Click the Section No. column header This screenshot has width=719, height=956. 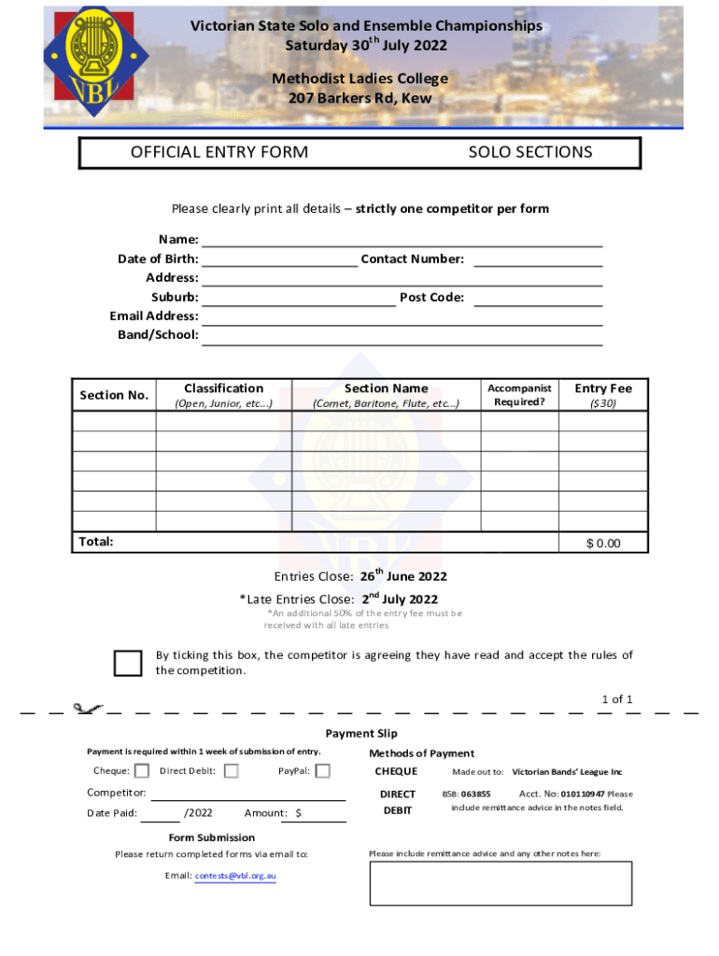114,395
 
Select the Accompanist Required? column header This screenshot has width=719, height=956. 519,395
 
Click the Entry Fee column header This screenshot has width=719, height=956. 602,395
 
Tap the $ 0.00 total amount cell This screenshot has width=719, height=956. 602,544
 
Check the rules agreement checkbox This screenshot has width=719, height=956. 127,662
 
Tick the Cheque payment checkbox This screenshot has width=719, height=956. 142,771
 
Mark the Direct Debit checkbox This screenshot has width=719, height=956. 232,771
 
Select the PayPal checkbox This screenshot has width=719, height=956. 322,771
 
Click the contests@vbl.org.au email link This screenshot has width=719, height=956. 234,876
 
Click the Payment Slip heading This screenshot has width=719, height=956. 360,734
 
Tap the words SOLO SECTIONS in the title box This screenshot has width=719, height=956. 529,152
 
